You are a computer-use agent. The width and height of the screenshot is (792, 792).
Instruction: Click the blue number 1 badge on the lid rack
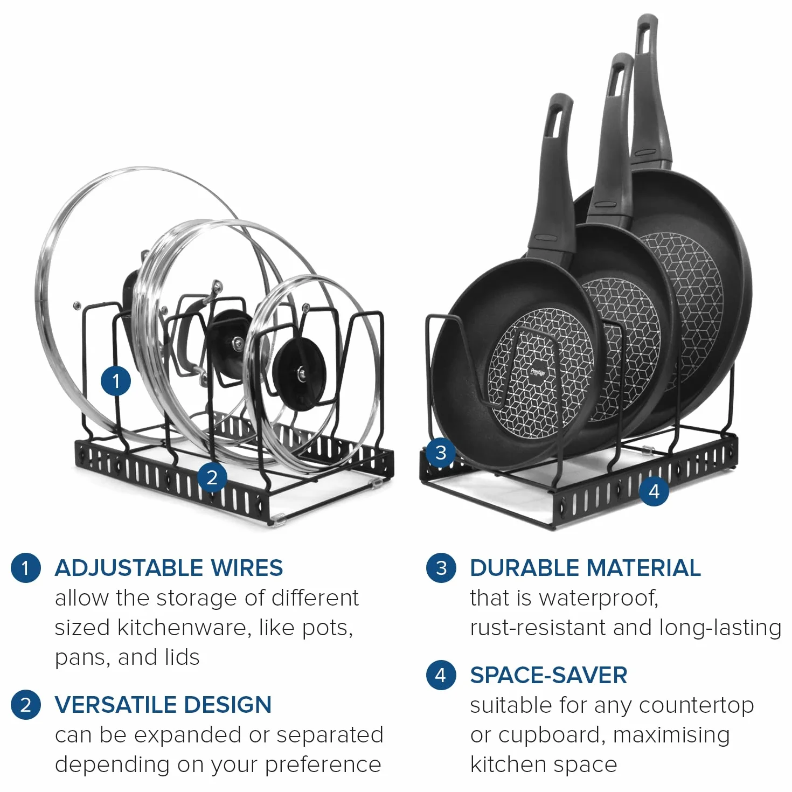[x=116, y=381]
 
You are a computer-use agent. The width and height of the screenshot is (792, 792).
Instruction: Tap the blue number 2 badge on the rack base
[x=212, y=477]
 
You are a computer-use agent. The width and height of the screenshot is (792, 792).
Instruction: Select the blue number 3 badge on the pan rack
[x=441, y=453]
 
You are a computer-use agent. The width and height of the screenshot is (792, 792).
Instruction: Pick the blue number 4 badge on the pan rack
[x=654, y=491]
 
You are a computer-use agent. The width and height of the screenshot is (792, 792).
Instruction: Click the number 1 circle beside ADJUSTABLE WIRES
[x=26, y=568]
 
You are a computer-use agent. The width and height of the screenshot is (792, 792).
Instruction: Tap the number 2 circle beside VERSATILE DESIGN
[x=26, y=705]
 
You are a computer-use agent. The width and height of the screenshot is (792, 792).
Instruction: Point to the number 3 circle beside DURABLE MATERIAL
[x=441, y=568]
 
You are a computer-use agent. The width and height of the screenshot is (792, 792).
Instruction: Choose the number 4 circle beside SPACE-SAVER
[x=441, y=675]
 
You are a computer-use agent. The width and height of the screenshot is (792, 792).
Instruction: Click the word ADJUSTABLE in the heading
[x=129, y=568]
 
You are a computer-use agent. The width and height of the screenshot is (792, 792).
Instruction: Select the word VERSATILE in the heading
[x=116, y=705]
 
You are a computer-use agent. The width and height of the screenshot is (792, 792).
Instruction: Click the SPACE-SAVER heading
[x=548, y=675]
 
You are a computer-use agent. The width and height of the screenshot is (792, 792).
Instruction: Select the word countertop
[x=696, y=706]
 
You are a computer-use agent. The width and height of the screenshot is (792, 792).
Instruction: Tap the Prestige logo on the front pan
[x=537, y=372]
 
